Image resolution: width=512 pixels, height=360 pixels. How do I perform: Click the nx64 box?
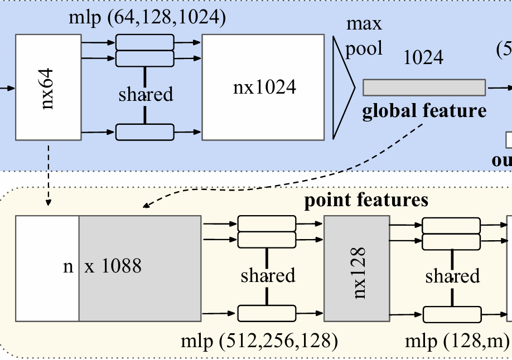point(49,87)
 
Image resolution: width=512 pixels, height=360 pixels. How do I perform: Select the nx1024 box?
point(262,87)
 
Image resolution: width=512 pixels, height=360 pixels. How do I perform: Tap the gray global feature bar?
point(424,87)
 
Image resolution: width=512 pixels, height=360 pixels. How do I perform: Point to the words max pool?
point(364,36)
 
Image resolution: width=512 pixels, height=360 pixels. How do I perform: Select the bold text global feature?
point(424,111)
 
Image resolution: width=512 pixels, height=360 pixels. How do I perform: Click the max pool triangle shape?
point(341,87)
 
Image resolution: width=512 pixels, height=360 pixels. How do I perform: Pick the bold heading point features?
point(366,200)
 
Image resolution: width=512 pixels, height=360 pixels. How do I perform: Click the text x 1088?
point(113,266)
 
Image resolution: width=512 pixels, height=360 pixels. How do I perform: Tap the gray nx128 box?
point(356,269)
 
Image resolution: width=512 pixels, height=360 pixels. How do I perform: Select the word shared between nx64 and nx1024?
point(145,94)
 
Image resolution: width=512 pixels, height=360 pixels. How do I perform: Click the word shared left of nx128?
point(268,275)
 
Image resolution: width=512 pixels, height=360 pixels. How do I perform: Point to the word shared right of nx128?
point(452,275)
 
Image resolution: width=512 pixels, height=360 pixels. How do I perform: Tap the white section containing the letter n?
point(47,269)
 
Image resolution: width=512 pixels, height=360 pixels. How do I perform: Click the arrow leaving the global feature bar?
point(498,87)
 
